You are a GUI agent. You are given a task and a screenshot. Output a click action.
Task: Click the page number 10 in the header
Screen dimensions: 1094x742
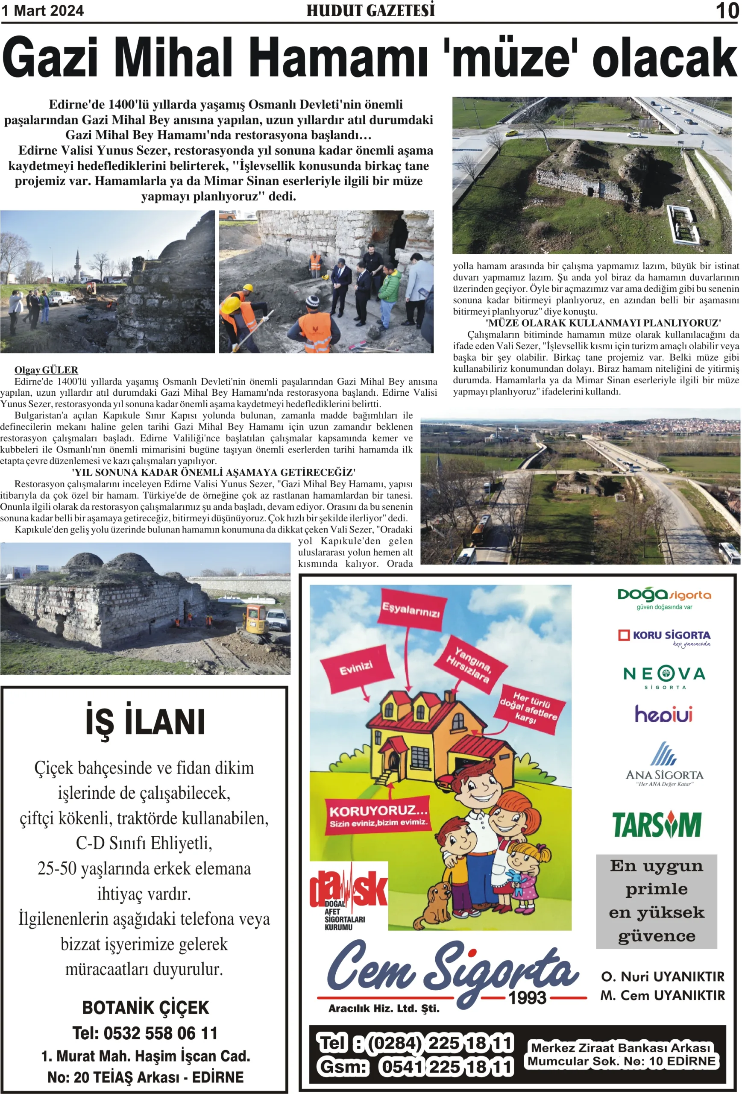[x=727, y=10]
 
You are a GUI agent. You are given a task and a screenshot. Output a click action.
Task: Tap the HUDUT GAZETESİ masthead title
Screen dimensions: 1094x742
[x=370, y=10]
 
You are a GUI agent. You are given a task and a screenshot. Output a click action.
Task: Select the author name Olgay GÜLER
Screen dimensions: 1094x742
[x=46, y=370]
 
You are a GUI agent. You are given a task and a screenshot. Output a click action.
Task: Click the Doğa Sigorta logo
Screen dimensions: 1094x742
[x=664, y=598]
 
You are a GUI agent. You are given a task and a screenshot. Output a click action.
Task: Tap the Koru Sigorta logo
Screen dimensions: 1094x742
[x=664, y=637]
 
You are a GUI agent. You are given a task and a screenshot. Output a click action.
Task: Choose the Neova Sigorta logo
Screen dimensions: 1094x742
[x=664, y=676]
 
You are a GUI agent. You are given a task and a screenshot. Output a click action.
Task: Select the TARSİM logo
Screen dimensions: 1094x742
[x=657, y=825]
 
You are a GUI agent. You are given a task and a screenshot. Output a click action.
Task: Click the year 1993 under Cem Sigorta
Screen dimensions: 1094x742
[x=528, y=997]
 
